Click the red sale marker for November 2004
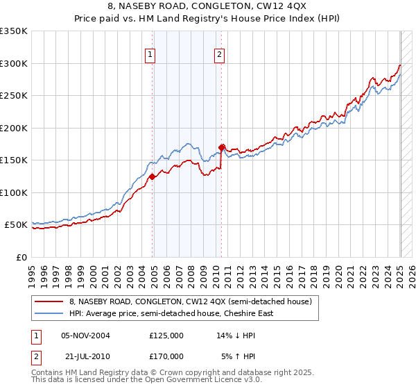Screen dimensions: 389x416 (x=152, y=176)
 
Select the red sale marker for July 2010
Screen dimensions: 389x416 (x=222, y=147)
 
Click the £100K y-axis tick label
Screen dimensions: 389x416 (x=14, y=192)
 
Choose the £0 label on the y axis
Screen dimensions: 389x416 (x=21, y=257)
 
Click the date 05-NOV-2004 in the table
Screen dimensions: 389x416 (x=86, y=336)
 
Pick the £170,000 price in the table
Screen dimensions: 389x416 (x=166, y=356)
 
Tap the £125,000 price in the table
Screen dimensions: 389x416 (x=166, y=336)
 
